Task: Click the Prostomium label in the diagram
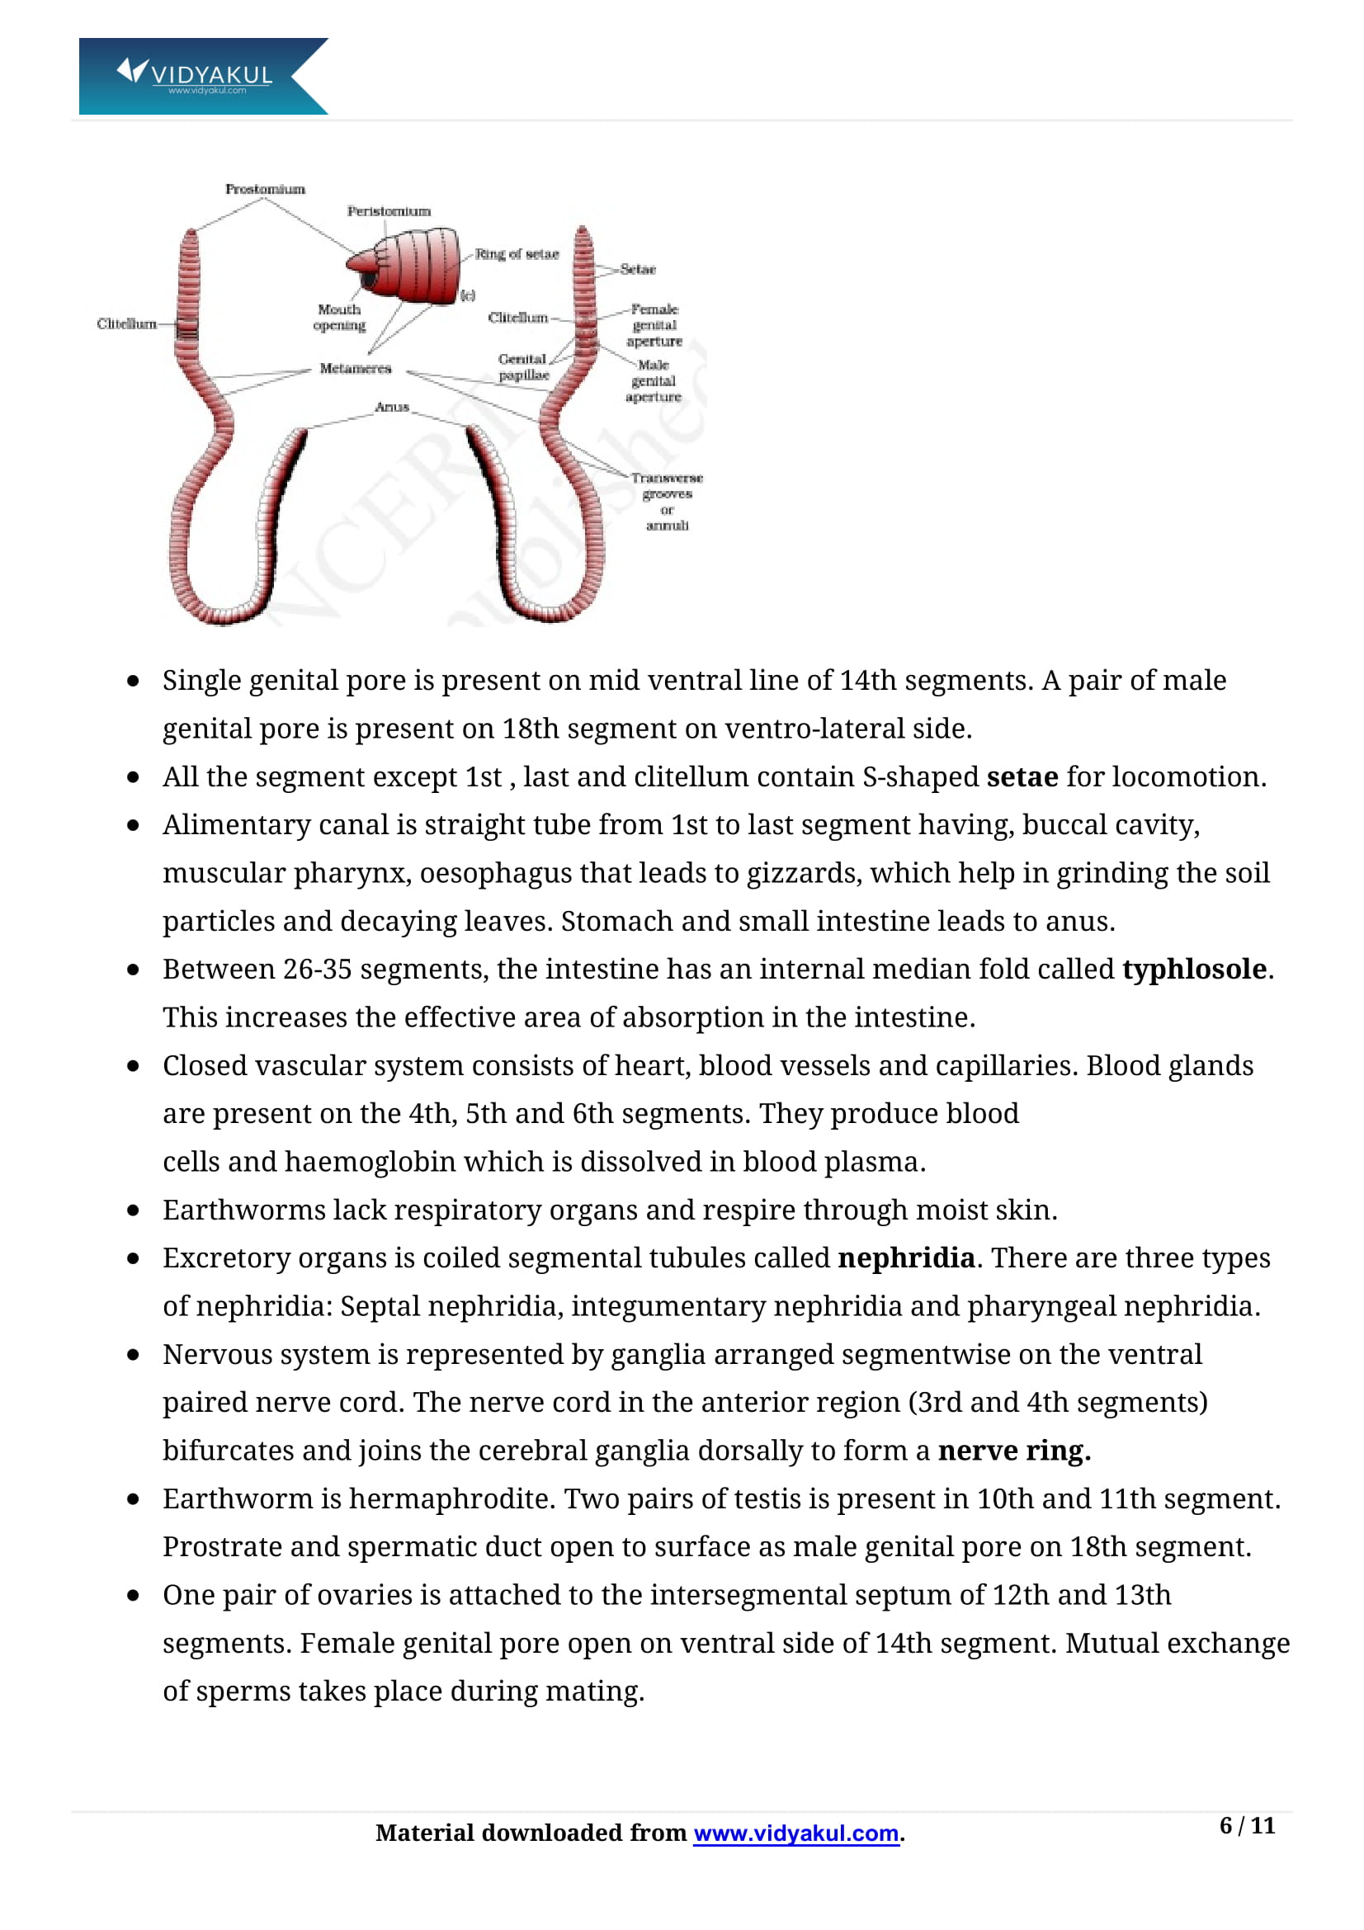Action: tap(265, 189)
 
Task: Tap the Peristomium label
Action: tap(389, 211)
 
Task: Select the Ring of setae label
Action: tap(516, 254)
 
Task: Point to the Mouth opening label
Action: tap(338, 317)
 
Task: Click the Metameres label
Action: tap(355, 368)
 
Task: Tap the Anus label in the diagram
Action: tap(392, 407)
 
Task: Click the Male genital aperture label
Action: tap(653, 380)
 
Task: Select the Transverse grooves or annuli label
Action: tap(667, 501)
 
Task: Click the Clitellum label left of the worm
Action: tap(126, 323)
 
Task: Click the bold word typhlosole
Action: tap(1193, 970)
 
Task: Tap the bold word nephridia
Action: tap(906, 1258)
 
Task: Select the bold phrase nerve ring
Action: tap(1013, 1450)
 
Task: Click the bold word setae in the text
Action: tap(1022, 776)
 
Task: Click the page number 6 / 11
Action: tap(1246, 1825)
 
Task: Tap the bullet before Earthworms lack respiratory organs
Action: tap(133, 1210)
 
